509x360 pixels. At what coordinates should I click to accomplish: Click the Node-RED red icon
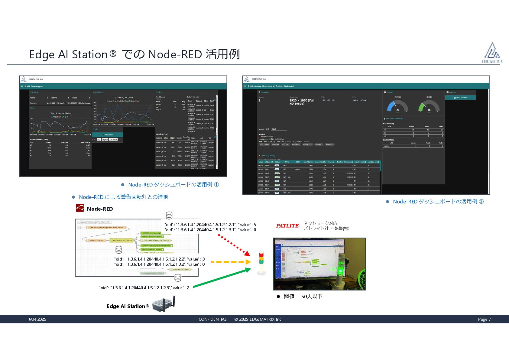(x=80, y=208)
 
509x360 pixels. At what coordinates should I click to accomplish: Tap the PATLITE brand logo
(x=287, y=226)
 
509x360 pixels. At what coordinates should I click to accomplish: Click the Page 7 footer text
(x=484, y=319)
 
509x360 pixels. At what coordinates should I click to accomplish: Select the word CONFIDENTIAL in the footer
(x=212, y=319)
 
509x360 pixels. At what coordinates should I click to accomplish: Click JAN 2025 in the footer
(x=37, y=319)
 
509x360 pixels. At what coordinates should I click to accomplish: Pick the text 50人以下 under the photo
(x=312, y=297)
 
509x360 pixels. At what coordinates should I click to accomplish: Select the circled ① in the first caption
(x=216, y=185)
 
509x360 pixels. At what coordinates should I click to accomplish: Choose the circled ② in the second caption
(x=481, y=202)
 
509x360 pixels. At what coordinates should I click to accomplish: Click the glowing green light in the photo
(x=340, y=270)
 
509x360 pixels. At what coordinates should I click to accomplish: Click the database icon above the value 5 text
(x=169, y=215)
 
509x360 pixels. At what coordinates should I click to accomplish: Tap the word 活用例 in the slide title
(x=223, y=54)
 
